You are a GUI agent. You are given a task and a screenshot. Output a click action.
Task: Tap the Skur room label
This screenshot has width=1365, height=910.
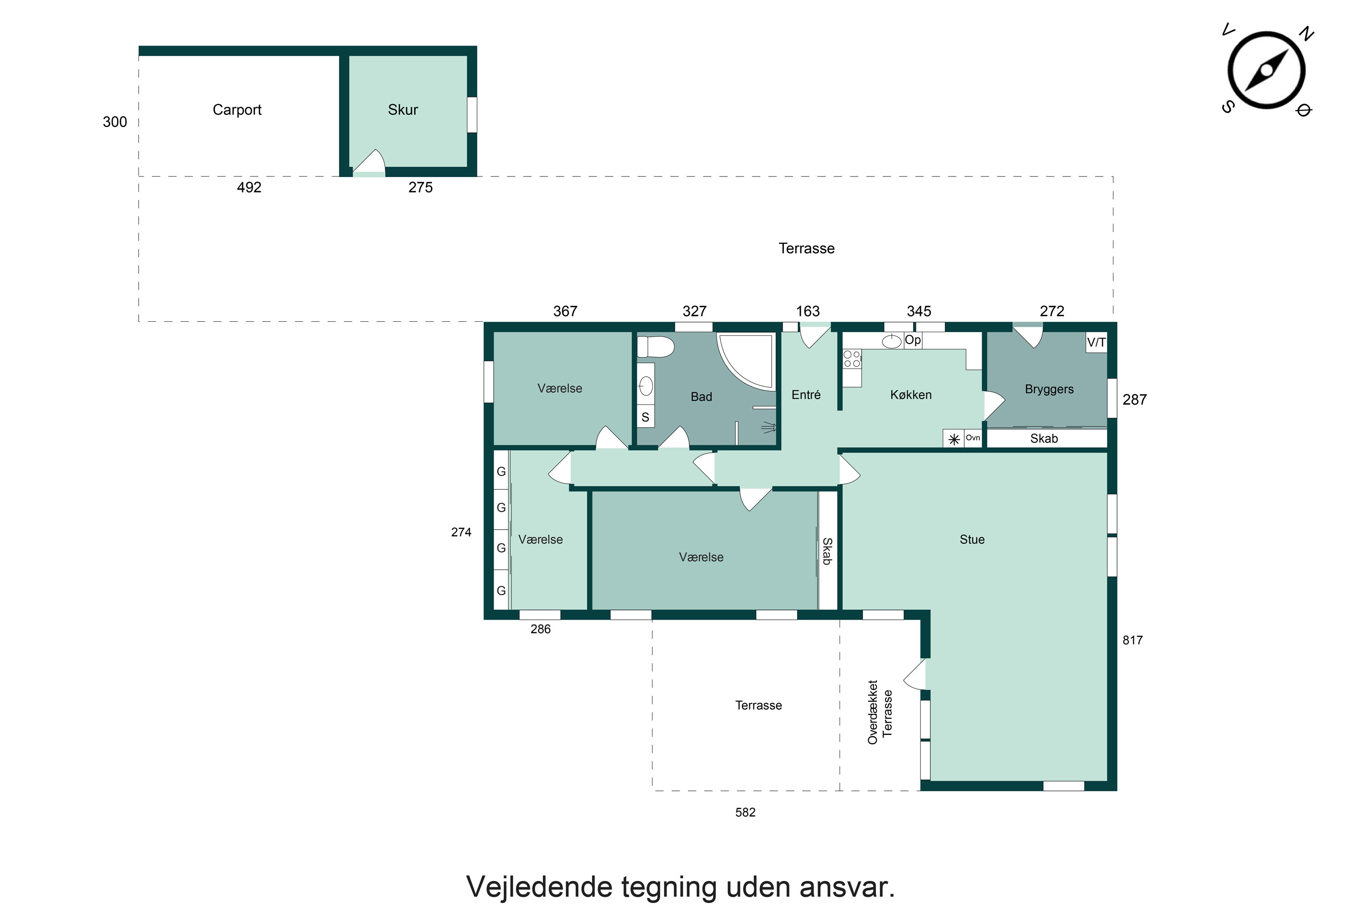pos(403,110)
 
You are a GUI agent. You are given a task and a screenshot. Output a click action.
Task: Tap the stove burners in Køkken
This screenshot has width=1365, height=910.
pos(852,359)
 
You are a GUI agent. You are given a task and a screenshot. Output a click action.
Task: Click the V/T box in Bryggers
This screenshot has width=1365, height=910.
pos(1096,343)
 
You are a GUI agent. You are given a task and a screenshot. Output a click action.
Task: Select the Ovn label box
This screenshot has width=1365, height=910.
pos(973,438)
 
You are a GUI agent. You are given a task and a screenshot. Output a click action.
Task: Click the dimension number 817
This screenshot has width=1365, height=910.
pos(1132,640)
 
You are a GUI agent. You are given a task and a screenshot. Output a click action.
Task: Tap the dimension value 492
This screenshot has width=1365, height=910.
pos(249,187)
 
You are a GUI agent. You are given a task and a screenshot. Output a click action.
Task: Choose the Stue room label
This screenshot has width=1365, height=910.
pos(972,540)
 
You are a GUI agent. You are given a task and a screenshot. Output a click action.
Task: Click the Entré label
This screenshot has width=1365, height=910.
pos(806,394)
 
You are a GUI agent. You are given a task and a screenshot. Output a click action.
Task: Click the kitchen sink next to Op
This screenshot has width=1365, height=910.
pos(891,341)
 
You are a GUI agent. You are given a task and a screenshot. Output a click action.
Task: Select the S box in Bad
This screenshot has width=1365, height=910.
pos(645,417)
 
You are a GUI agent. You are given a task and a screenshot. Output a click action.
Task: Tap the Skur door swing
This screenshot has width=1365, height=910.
pos(369,162)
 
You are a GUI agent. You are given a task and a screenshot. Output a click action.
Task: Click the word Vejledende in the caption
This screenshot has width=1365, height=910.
pos(539,887)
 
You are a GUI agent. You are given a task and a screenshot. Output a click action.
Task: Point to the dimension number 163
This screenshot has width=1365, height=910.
pos(808,312)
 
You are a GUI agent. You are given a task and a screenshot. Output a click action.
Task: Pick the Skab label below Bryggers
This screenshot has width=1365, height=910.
pos(1044,439)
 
